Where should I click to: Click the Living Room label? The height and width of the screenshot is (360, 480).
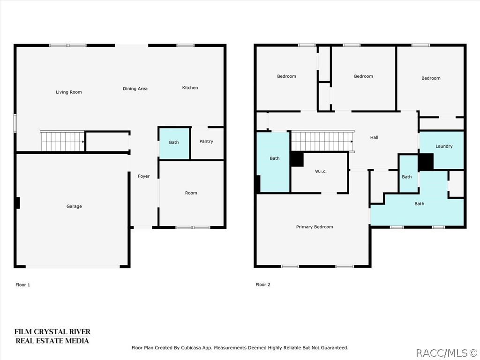coord(69,92)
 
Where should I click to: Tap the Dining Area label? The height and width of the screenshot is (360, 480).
coord(135,89)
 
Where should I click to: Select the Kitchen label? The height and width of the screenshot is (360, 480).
coord(190,88)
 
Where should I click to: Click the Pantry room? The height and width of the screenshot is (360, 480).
coord(206,142)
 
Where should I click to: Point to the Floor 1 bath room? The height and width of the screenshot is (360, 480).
coord(174,142)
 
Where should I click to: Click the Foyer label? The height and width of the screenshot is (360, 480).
coord(143,176)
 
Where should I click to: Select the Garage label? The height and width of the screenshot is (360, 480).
coord(74,206)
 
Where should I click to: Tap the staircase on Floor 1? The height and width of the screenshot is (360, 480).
coord(62,141)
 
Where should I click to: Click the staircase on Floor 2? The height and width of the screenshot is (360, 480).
coord(322,141)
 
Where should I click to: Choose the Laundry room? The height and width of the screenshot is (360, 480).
coord(444,146)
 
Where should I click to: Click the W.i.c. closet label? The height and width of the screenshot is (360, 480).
coord(321,172)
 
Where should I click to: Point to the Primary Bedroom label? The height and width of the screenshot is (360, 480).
coord(315,227)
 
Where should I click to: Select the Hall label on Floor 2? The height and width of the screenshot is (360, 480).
coord(374,137)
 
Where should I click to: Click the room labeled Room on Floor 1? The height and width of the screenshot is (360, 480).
coord(191,193)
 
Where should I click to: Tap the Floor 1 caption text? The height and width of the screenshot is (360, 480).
coord(22,285)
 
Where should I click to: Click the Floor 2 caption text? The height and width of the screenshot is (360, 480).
coord(263,285)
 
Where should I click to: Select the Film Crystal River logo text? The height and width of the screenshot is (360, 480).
coord(52,336)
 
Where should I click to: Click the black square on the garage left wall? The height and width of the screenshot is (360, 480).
coord(17,203)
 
